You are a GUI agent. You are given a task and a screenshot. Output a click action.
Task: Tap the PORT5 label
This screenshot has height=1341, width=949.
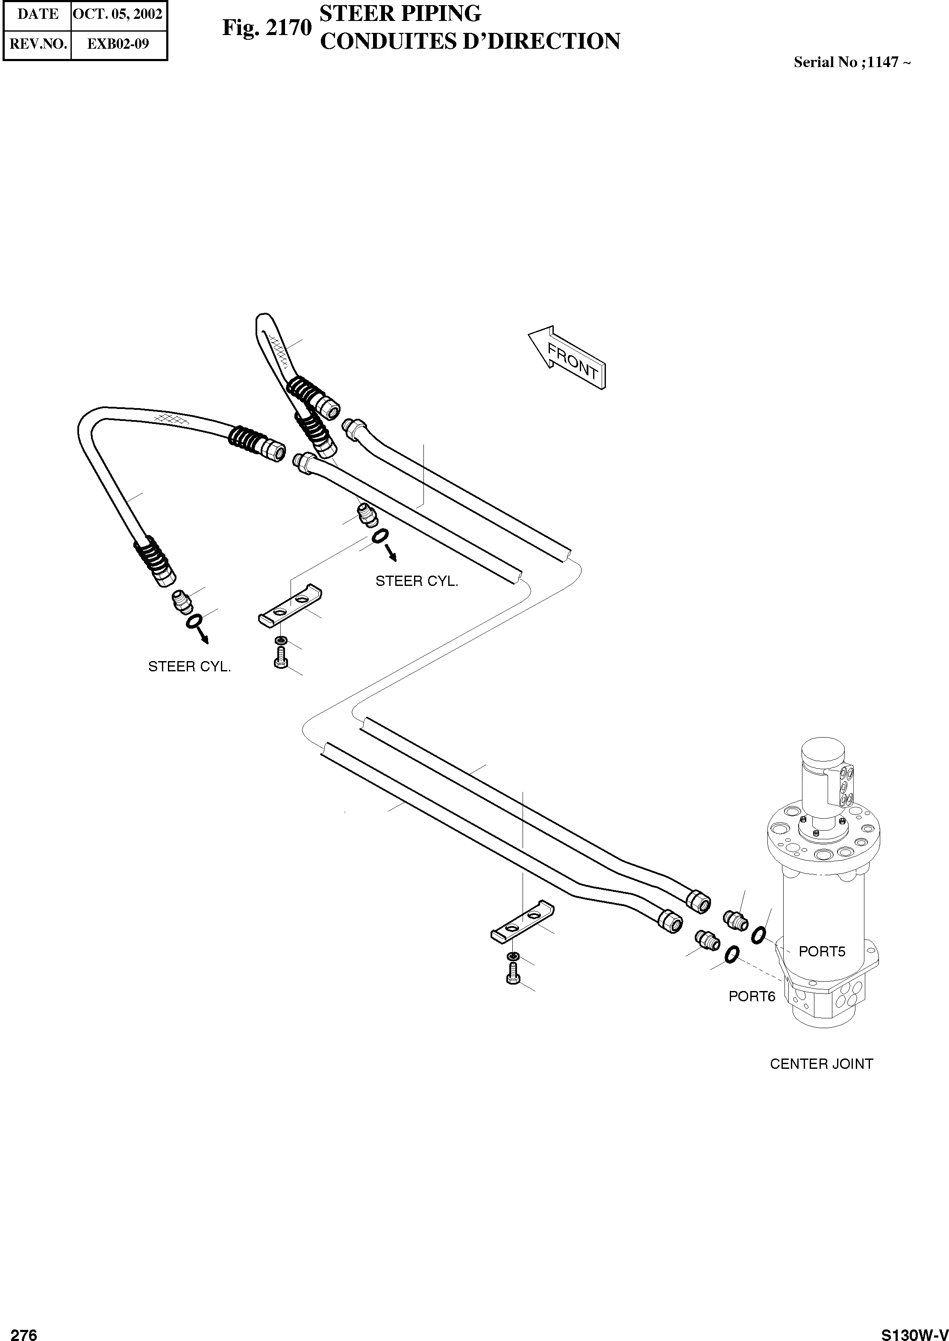[x=822, y=951]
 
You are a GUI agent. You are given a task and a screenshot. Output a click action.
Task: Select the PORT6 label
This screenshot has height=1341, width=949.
[x=752, y=996]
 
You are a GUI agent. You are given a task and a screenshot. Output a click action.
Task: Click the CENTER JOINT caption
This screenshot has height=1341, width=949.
[x=821, y=1064]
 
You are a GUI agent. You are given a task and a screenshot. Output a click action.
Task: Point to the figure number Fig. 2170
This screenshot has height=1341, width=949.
[x=267, y=27]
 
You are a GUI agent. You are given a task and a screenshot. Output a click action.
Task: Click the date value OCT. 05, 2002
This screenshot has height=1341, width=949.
[x=118, y=14]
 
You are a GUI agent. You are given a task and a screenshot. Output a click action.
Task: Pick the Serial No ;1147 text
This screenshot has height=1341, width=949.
[x=852, y=62]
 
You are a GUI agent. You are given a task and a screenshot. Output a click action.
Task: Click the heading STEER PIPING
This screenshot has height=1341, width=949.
[x=401, y=13]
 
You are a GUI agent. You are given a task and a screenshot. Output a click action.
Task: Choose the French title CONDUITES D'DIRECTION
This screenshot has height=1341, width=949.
[x=470, y=41]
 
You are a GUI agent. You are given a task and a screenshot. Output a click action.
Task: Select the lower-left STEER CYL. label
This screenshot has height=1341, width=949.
[x=189, y=667]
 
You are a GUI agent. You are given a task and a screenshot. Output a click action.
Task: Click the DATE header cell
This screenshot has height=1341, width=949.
[x=38, y=14]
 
